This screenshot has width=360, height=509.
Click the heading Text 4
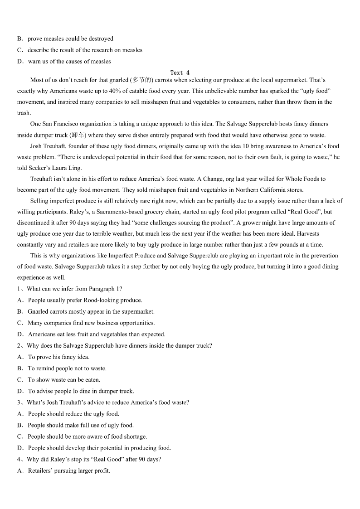(x=180, y=73)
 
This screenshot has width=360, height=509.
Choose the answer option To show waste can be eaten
(x=64, y=380)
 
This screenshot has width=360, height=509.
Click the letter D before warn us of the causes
(x=20, y=62)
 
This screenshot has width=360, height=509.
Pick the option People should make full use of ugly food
(x=80, y=425)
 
